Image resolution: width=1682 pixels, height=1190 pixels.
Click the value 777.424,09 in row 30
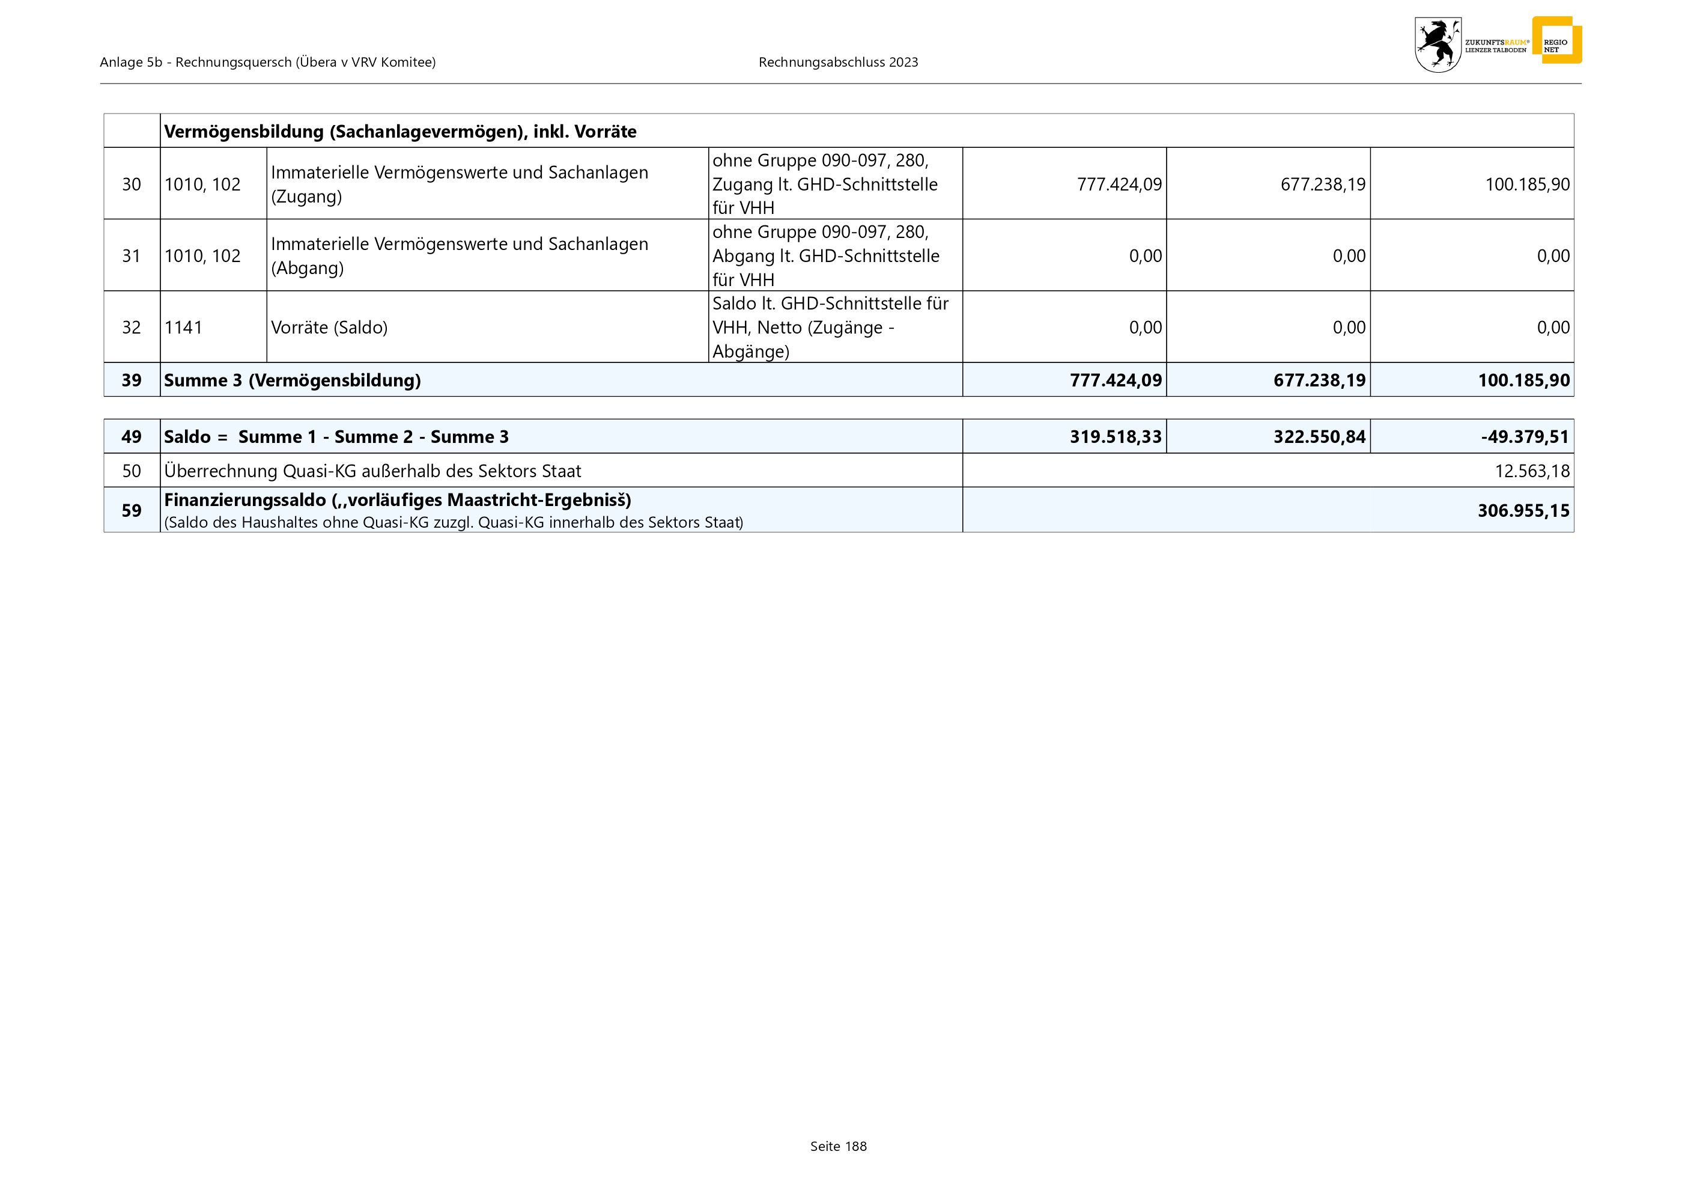pyautogui.click(x=1119, y=184)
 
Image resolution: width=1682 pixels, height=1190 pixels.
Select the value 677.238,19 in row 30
pyautogui.click(x=1322, y=184)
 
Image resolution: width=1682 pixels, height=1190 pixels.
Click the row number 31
pyautogui.click(x=131, y=256)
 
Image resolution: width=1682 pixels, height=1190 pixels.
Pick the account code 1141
pyautogui.click(x=183, y=328)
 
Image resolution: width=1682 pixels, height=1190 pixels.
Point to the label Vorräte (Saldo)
pyautogui.click(x=329, y=328)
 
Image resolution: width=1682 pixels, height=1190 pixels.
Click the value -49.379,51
pyautogui.click(x=1525, y=437)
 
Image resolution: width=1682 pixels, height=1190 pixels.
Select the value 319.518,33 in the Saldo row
pyautogui.click(x=1115, y=437)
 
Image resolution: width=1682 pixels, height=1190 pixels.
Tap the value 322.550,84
pyautogui.click(x=1319, y=437)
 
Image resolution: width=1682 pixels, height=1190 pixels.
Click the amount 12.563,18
pyautogui.click(x=1532, y=471)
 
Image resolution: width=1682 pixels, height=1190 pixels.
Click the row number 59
pyautogui.click(x=131, y=511)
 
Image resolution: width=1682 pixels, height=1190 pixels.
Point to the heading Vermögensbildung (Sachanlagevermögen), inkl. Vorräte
pyautogui.click(x=400, y=132)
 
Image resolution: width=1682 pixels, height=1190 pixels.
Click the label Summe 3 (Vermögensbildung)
pyautogui.click(x=293, y=380)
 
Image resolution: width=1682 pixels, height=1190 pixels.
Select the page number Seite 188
pyautogui.click(x=838, y=1146)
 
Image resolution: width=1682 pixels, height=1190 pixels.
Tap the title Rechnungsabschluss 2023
pyautogui.click(x=838, y=63)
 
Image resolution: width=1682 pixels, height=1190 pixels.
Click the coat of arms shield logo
pyautogui.click(x=1438, y=44)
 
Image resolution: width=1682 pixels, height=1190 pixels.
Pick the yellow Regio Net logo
pyautogui.click(x=1556, y=41)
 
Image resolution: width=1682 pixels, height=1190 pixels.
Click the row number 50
pyautogui.click(x=131, y=471)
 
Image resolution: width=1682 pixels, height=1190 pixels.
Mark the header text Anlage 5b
pyautogui.click(x=131, y=63)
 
